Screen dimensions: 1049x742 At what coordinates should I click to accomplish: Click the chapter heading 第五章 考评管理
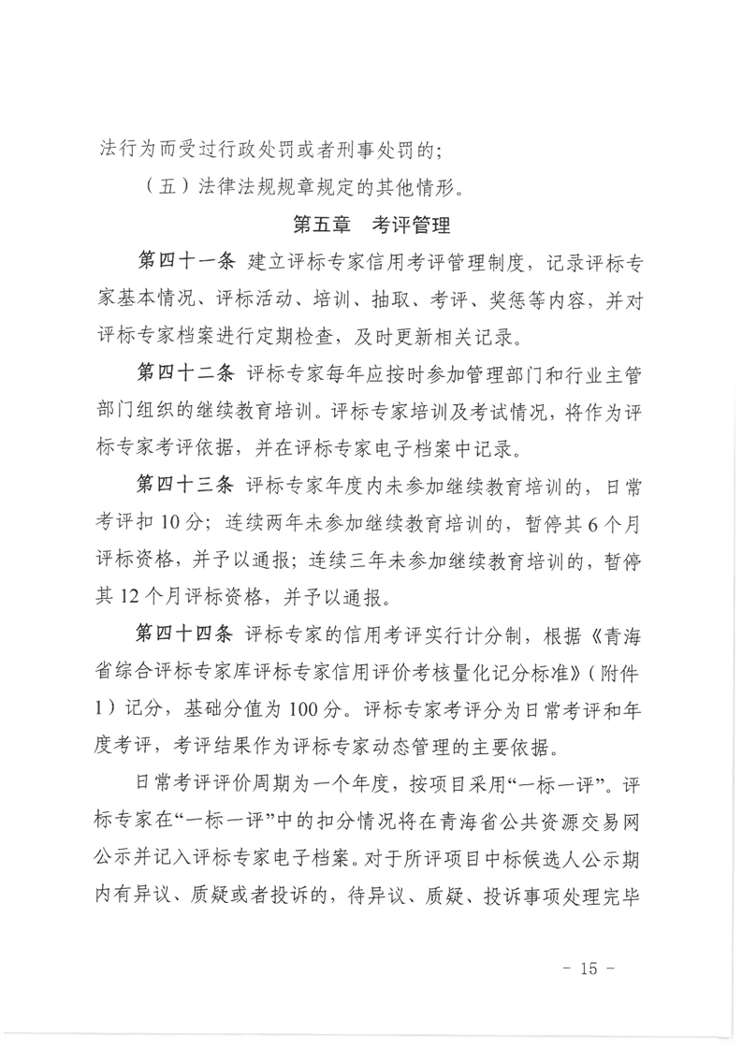371,226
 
